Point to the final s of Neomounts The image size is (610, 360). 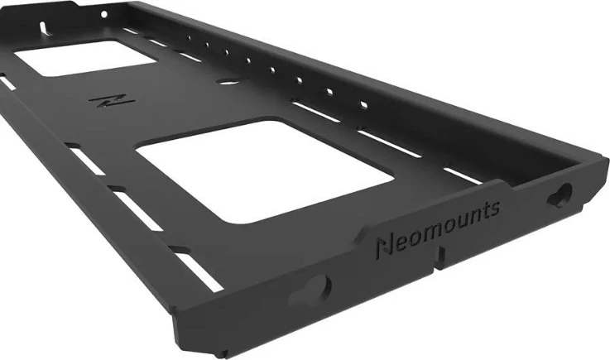tap(494, 207)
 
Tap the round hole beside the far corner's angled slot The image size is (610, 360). tap(104, 15)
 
